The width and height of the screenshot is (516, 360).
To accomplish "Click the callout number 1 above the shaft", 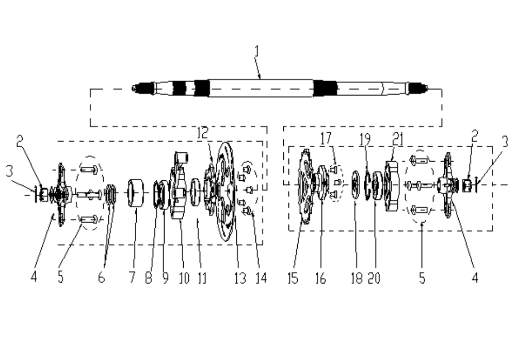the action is [257, 52].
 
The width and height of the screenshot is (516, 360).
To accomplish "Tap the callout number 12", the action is [203, 133].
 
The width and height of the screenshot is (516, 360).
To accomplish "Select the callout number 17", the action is [326, 138].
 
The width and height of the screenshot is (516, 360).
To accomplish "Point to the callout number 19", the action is [365, 139].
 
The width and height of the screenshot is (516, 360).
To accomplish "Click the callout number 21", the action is [398, 139].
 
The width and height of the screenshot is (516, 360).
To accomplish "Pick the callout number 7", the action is [132, 277].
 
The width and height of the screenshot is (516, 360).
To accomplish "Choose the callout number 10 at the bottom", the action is [184, 278].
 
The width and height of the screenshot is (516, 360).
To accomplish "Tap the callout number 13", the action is [240, 278].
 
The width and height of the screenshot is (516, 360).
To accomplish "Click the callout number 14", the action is [261, 278].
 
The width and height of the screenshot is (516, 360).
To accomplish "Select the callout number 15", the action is [293, 278].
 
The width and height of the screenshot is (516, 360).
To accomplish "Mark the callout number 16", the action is [320, 278].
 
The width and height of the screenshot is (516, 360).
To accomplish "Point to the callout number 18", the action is [357, 278].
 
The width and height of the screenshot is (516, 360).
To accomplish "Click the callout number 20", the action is [374, 278].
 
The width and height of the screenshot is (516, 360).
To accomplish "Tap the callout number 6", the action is [101, 278].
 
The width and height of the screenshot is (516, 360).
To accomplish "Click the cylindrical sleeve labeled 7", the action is [136, 193].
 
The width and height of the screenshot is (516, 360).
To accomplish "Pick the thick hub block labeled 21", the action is [392, 185].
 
